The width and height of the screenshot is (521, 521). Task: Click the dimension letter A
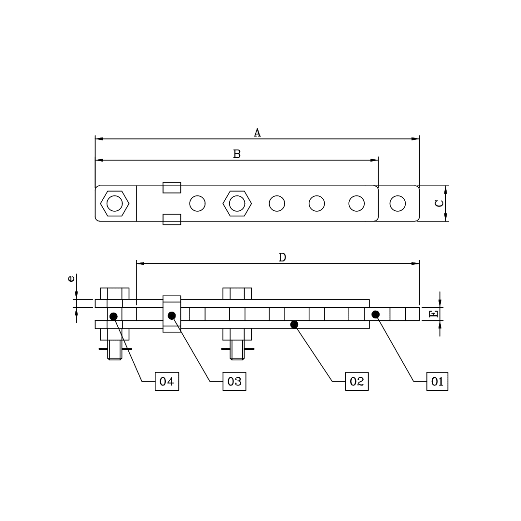pyautogui.click(x=258, y=133)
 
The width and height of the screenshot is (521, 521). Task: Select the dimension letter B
pyautogui.click(x=237, y=154)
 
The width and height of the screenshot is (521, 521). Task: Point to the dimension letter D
pyautogui.click(x=282, y=257)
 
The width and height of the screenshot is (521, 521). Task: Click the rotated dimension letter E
pyautogui.click(x=434, y=314)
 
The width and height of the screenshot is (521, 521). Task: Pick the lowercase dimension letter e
pyautogui.click(x=71, y=279)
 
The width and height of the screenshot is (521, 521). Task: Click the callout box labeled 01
pyautogui.click(x=437, y=382)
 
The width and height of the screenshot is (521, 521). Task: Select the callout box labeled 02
pyautogui.click(x=356, y=382)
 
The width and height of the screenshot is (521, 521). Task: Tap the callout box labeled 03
pyautogui.click(x=234, y=382)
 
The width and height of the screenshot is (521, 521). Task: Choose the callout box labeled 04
pyautogui.click(x=166, y=382)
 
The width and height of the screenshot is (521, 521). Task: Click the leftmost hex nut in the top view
pyautogui.click(x=114, y=204)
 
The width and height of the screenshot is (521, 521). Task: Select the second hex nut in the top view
pyautogui.click(x=237, y=204)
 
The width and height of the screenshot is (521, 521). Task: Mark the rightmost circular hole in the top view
pyautogui.click(x=398, y=204)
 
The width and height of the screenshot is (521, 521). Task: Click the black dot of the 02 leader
pyautogui.click(x=294, y=324)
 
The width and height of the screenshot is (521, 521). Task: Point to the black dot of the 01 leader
pyautogui.click(x=375, y=315)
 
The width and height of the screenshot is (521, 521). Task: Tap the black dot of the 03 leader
pyautogui.click(x=172, y=315)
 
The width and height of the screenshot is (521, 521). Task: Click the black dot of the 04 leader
pyautogui.click(x=113, y=316)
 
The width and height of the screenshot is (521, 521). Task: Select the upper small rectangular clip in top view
pyautogui.click(x=172, y=188)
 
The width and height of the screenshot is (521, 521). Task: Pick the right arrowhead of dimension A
pyautogui.click(x=415, y=139)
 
